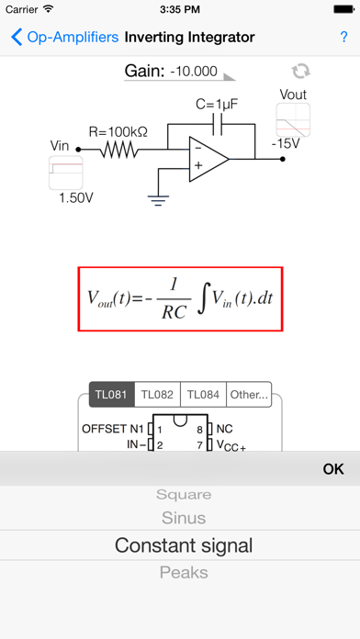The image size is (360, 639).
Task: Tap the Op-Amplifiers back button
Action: (x=64, y=38)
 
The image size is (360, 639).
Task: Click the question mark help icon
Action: (x=343, y=38)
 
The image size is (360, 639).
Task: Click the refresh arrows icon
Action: (x=299, y=72)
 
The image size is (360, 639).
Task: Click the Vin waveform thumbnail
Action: (x=66, y=173)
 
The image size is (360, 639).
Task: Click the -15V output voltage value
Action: (x=287, y=143)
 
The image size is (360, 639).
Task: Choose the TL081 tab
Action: (x=111, y=396)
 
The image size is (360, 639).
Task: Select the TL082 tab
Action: (x=157, y=396)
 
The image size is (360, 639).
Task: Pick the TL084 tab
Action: (x=203, y=396)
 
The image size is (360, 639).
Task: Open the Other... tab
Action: (x=248, y=396)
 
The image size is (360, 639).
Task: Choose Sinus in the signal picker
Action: (x=184, y=519)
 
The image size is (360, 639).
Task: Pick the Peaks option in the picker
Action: (x=184, y=572)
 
